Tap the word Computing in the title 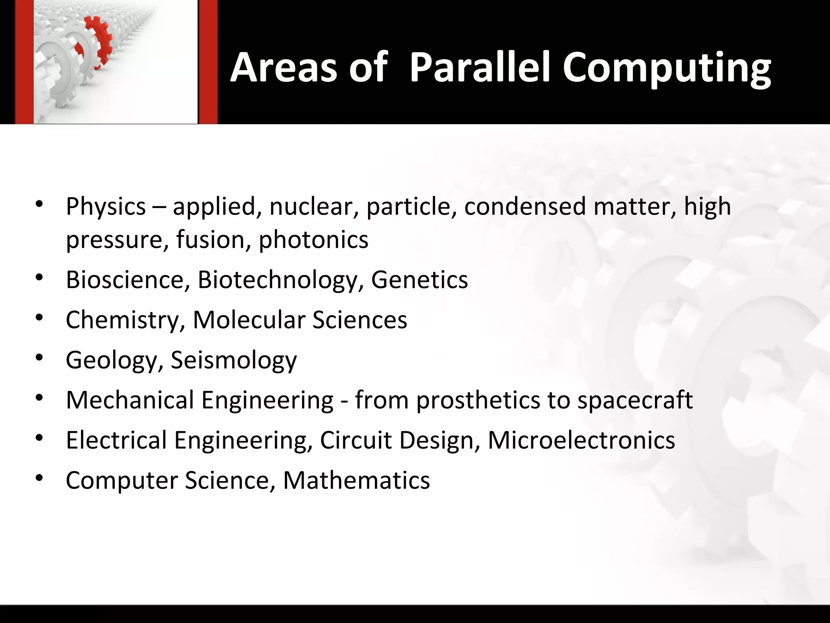click(x=666, y=68)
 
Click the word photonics click(x=313, y=239)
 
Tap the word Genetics click(x=419, y=280)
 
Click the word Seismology click(x=233, y=360)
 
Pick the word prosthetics click(x=478, y=400)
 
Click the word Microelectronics click(x=581, y=440)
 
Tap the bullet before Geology click(x=39, y=358)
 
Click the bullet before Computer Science click(x=39, y=478)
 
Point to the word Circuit click(x=355, y=440)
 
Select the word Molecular click(x=248, y=320)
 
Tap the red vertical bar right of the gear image click(x=208, y=62)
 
